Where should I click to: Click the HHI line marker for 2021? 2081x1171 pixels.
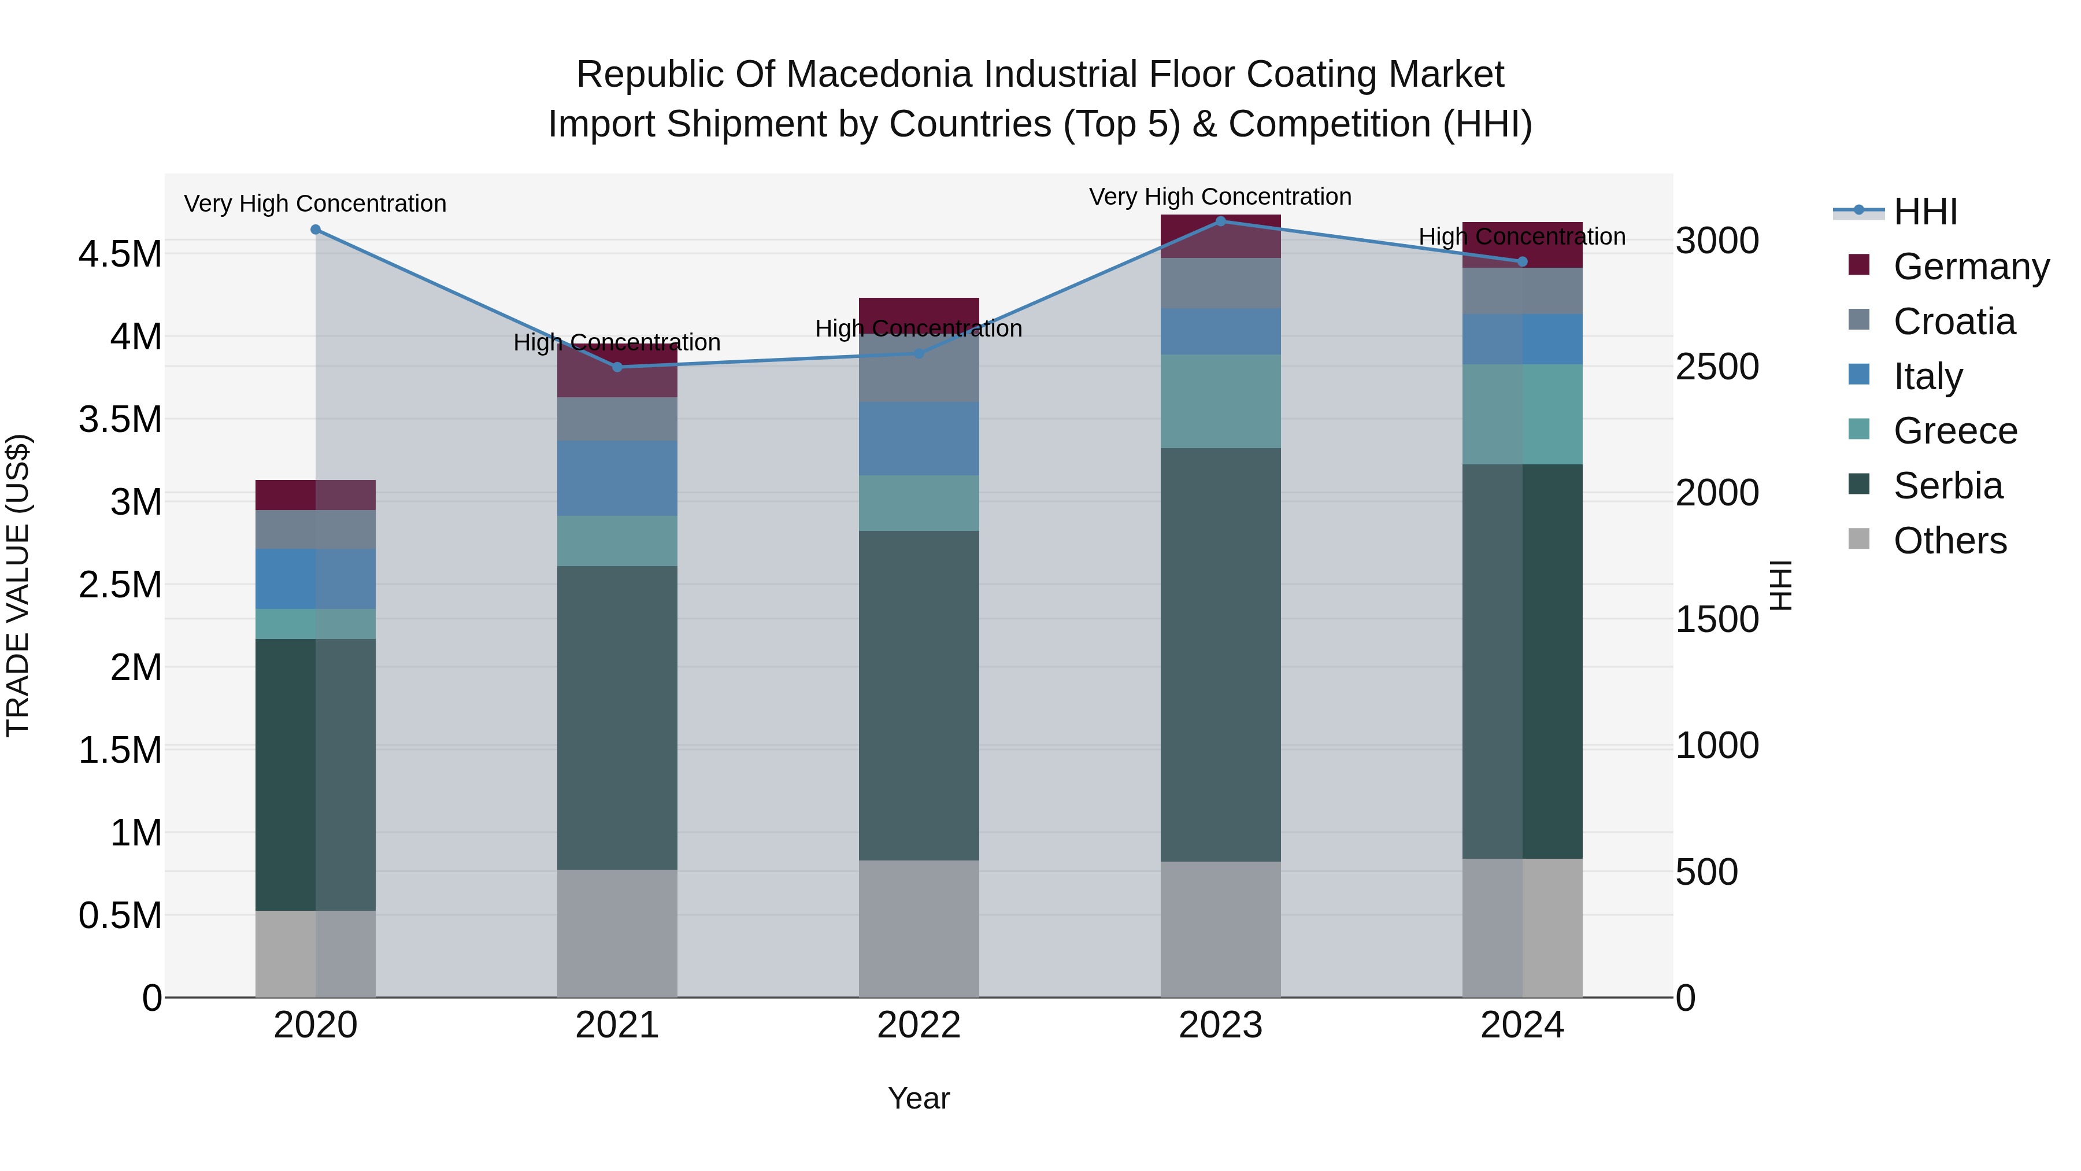617,367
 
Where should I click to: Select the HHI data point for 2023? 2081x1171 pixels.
1221,221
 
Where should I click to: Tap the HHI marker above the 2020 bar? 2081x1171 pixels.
316,230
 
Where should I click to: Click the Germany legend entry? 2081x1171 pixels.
1971,267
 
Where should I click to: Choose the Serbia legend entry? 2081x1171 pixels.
1947,486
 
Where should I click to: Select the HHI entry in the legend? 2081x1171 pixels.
1925,212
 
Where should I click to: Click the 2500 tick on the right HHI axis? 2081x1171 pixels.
1717,367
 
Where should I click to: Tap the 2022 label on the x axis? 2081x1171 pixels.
919,1025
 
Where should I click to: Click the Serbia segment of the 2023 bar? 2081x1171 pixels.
1221,655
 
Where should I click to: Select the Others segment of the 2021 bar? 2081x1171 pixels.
617,933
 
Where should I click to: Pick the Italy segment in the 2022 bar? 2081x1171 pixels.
919,439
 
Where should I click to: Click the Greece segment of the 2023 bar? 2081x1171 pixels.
1221,402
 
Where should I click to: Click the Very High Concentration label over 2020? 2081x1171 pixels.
315,204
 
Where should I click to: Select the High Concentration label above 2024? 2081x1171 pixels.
1522,237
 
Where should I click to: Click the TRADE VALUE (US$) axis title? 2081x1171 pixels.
18,585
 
